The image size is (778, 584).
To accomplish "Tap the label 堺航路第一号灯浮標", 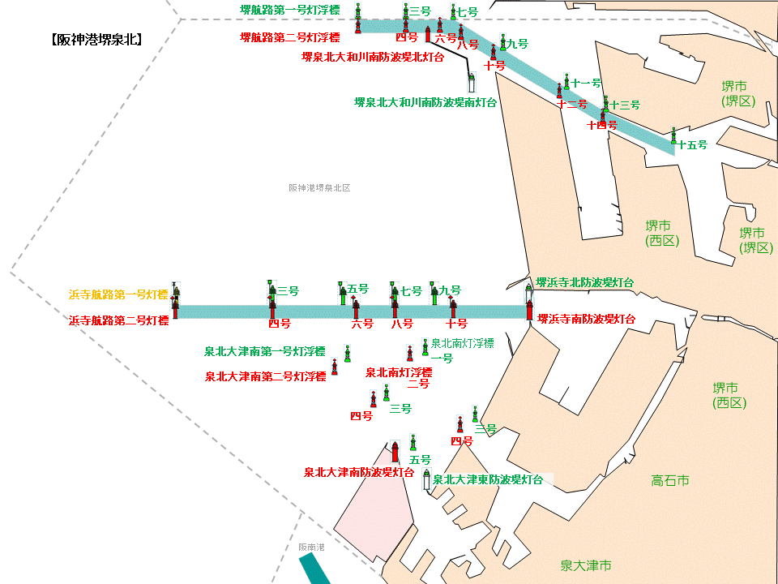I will coord(289,11).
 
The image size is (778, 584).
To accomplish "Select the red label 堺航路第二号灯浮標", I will coord(289,37).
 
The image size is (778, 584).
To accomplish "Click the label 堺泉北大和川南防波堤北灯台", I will coord(372,58).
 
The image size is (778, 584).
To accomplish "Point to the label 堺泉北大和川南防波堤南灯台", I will coord(425,103).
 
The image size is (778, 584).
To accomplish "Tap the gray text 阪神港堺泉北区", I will coord(319,187).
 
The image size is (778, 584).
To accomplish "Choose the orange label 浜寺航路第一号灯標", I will coord(118,294).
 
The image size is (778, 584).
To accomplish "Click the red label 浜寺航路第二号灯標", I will coord(118,320).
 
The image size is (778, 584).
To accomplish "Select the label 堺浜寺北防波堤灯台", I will coord(584,282).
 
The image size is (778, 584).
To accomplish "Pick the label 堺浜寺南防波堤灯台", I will coord(587,319).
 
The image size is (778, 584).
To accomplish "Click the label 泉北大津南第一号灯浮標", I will coord(264,352).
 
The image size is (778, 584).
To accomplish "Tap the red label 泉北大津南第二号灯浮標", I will coord(265,376).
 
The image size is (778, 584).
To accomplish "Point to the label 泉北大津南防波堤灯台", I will coord(359,471).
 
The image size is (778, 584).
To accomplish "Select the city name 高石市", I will coord(670,481).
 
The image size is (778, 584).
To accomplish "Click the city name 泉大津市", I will coord(586,565).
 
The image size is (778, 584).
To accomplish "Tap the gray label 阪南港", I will coord(311,547).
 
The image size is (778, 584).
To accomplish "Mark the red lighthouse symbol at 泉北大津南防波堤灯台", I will coord(395,451).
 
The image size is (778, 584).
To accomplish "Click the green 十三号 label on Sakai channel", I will coord(624,105).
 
